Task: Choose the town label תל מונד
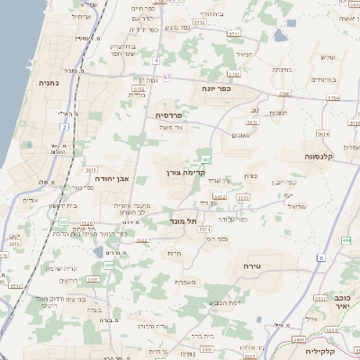(183, 220)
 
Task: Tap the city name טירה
(251, 267)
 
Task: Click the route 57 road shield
(166, 78)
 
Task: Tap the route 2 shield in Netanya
(65, 127)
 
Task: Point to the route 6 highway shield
(319, 258)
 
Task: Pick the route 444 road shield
(346, 241)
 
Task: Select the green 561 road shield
(108, 265)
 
